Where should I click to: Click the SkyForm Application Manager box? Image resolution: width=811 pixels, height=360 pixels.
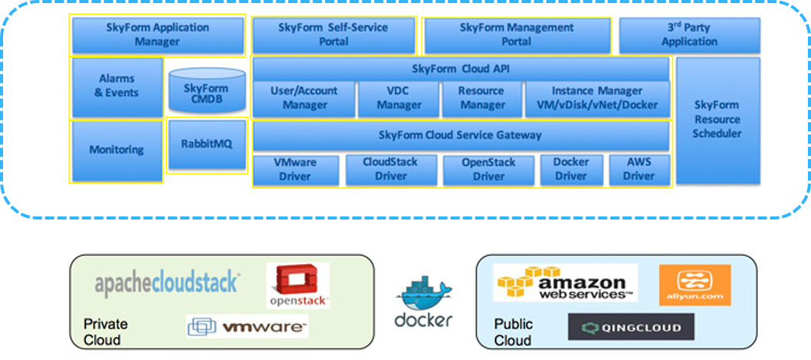coord(157,35)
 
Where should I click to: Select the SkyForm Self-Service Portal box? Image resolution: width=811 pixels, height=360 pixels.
coord(333,35)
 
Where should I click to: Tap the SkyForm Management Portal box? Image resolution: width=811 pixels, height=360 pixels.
coord(517,35)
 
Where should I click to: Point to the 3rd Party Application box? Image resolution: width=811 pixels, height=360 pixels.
coord(689,35)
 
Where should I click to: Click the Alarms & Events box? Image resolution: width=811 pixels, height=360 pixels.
coord(117,86)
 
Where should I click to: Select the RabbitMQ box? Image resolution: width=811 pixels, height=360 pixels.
coord(207,144)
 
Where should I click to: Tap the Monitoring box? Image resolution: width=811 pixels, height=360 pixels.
coord(117,150)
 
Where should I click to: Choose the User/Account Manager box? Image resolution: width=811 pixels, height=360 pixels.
coord(304,98)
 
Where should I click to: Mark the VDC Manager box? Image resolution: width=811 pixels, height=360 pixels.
coord(399,98)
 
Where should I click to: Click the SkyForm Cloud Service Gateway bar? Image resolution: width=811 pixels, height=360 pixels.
coord(461,136)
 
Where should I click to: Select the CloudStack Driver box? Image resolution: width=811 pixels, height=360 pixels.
coord(391,170)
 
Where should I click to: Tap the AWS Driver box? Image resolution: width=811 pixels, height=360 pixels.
coord(639,170)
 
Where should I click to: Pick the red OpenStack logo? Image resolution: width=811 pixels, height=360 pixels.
coord(298,286)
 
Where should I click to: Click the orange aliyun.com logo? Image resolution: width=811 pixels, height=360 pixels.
coord(694,285)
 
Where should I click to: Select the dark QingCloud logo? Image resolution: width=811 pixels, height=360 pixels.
coord(631,327)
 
